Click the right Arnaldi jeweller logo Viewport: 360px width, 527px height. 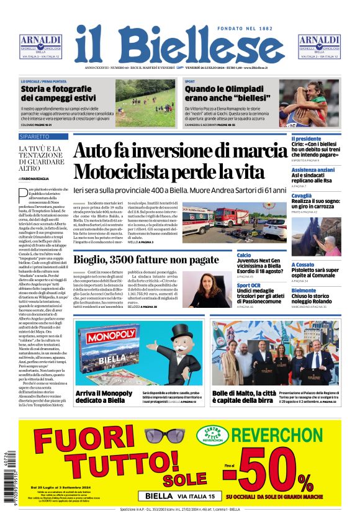click(x=319, y=47)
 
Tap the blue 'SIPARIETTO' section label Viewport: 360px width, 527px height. click(x=35, y=136)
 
